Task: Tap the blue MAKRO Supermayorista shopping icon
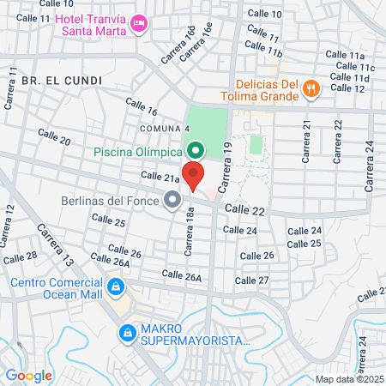point(127,331)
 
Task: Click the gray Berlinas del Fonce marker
point(172,201)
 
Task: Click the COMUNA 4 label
point(165,129)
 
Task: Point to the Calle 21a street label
point(160,178)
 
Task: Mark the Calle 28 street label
point(20,256)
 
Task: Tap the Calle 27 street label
point(251,280)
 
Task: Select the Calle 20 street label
point(54,136)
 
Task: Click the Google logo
point(28,375)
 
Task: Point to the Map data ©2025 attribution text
point(348,379)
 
